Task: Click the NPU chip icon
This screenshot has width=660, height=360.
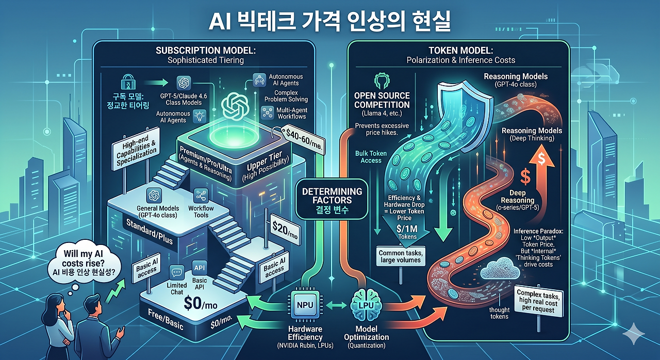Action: coord(305,305)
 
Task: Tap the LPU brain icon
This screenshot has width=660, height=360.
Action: coord(366,305)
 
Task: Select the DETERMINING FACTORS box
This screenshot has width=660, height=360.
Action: coord(332,200)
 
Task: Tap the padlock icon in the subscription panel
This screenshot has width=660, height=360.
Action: coord(128,82)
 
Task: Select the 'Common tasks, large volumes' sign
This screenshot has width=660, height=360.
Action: coord(401,257)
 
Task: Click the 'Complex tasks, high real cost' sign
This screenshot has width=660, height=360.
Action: coord(538,301)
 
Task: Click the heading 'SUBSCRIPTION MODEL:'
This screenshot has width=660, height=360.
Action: coord(206,51)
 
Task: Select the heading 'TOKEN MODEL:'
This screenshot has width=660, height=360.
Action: coord(461,51)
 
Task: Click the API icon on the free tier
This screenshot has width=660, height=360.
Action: coord(200,268)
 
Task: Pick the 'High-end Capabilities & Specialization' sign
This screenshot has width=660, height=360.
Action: coord(136,149)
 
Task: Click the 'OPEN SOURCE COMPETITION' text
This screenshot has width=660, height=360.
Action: coord(382,100)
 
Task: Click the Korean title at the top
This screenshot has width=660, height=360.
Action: coord(329,21)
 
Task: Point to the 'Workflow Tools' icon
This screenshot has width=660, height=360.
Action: coord(201,195)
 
